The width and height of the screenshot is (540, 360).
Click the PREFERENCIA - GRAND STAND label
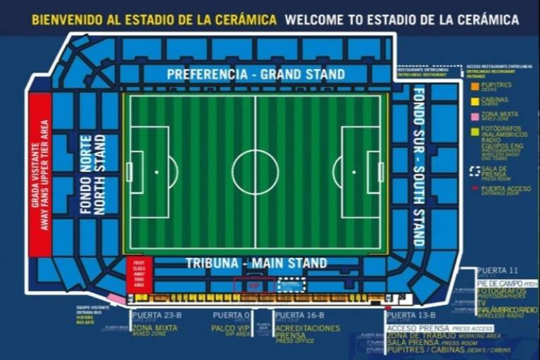click(256, 74)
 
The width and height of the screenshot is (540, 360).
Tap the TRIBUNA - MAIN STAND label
click(256, 263)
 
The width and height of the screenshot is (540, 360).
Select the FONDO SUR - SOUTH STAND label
click(419, 166)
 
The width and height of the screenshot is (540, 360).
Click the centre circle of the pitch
click(256, 172)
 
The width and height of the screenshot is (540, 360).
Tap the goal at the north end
click(129, 172)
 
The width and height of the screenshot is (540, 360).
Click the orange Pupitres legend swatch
click(476, 87)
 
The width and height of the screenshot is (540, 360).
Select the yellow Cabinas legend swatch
click(476, 101)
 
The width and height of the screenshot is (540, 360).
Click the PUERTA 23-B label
click(154, 315)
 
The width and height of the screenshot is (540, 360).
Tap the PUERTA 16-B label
click(300, 315)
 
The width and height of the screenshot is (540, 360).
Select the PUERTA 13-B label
click(411, 315)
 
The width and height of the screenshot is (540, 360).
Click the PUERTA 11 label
click(497, 271)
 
